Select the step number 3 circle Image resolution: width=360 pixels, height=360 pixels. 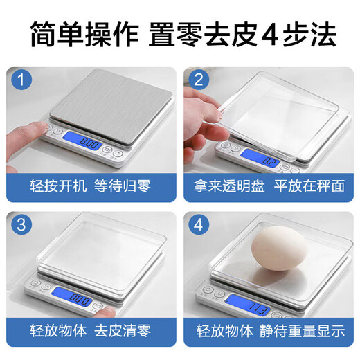click(24, 226)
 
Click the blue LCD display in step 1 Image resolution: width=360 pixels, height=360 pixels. click(90, 142)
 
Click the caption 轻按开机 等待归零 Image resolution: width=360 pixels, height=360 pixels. click(91, 186)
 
